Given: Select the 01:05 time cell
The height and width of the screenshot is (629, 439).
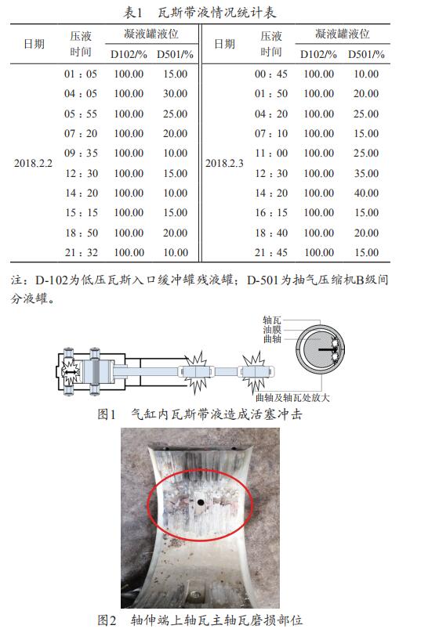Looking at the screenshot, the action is pos(81,74).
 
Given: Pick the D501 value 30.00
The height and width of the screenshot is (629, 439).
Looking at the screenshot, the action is pos(175,93).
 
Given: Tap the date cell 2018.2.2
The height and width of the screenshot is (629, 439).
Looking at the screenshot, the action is pos(34,163).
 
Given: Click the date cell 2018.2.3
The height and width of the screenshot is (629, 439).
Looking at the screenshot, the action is pos(224,163).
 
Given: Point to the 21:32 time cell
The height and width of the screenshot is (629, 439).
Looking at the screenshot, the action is pos(81,252).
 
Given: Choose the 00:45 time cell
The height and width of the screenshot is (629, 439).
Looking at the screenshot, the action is pos(271,74).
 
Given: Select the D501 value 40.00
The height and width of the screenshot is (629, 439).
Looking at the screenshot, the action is pos(366,193).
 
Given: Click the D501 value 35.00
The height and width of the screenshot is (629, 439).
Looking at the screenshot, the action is pos(366,173).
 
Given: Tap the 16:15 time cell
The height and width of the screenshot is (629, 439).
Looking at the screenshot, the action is pos(271,212).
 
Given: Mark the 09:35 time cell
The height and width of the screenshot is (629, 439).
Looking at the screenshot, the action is pos(81,153).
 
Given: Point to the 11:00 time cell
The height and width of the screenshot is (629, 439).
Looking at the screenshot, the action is pos(271,153).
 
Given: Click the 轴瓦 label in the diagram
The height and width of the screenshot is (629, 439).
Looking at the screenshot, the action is pos(272,320).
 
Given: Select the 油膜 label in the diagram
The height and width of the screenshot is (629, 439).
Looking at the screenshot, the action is pos(272,330).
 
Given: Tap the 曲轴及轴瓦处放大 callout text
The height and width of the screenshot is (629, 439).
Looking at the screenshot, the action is pos(293,398).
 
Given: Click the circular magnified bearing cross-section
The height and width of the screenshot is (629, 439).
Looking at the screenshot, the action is pos(320,347).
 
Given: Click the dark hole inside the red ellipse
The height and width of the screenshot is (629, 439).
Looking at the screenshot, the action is pos(200,502).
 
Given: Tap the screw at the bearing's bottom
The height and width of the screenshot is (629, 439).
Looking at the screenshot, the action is pos(196,595).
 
